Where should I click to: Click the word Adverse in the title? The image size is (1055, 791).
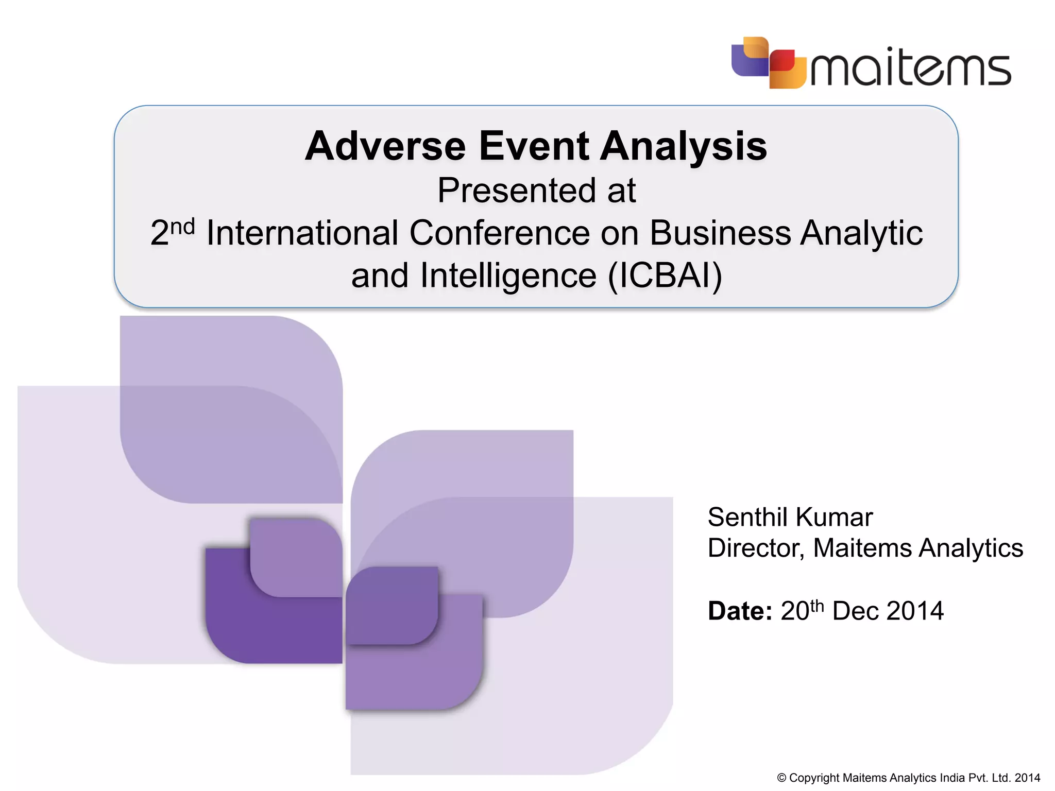click(385, 146)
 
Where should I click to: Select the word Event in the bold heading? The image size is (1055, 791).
click(534, 146)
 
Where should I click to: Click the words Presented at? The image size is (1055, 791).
click(536, 191)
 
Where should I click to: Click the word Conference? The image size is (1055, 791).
click(499, 233)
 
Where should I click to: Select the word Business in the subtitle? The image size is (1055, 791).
click(720, 233)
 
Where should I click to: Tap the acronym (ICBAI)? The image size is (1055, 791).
click(665, 276)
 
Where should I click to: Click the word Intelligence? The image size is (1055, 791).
click(508, 276)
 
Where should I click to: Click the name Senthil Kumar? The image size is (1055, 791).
click(790, 517)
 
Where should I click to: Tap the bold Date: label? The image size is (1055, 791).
click(740, 611)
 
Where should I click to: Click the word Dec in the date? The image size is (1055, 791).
click(856, 611)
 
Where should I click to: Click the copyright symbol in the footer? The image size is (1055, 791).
click(781, 778)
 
